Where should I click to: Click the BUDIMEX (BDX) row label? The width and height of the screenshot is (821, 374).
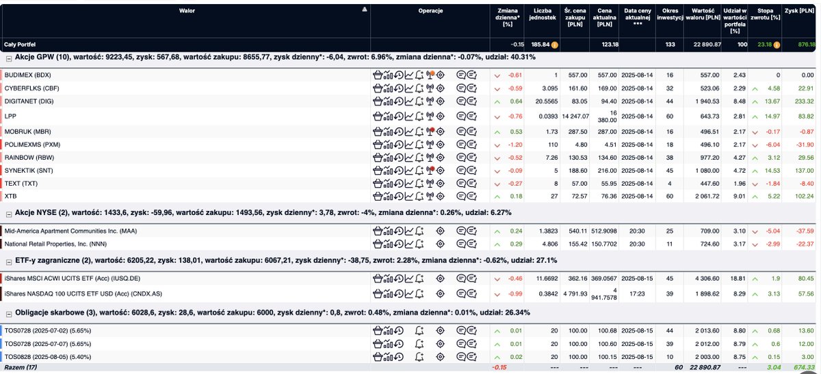(27, 75)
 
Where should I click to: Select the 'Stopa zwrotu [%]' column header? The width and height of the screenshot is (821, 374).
(765, 14)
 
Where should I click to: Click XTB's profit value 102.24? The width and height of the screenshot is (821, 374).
(804, 197)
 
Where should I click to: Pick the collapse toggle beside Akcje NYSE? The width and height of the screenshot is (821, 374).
(9, 214)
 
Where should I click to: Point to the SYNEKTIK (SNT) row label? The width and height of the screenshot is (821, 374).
(29, 171)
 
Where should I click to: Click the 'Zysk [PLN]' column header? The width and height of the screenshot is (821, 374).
(799, 11)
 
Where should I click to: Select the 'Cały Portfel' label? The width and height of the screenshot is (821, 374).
(20, 45)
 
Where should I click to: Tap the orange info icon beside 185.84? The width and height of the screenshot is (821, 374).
(555, 45)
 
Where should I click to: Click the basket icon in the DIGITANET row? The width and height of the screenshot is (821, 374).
(378, 101)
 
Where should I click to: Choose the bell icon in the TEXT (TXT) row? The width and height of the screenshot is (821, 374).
(419, 184)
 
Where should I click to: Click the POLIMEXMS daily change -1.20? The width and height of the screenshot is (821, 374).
(515, 145)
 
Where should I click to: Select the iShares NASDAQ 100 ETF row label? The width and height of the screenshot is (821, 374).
(83, 294)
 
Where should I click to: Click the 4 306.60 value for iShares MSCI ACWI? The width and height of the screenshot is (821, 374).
(707, 279)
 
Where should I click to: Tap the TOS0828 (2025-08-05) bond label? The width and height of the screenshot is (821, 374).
(48, 357)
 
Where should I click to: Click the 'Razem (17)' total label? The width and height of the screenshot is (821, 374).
(21, 367)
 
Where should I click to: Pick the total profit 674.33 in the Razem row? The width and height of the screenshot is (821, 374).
(804, 367)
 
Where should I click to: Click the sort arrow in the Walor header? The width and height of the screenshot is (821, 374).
(364, 9)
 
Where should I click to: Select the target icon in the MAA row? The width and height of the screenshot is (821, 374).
(440, 231)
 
